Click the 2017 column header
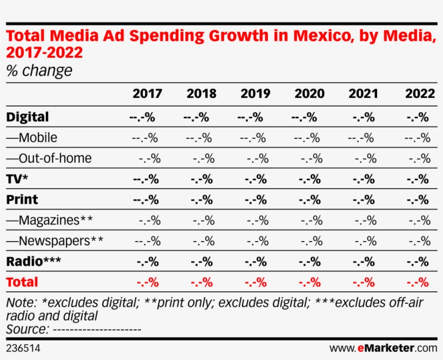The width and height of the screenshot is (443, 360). pyautogui.click(x=147, y=94)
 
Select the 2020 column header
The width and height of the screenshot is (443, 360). pyautogui.click(x=309, y=94)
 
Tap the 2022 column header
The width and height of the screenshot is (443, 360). pyautogui.click(x=420, y=94)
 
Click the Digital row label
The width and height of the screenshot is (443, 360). pyautogui.click(x=28, y=117)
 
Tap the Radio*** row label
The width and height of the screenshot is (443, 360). pyautogui.click(x=33, y=262)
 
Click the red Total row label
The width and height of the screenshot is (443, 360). pyautogui.click(x=22, y=282)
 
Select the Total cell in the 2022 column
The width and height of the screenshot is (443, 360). pyautogui.click(x=418, y=282)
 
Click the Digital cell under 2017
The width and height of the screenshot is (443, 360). pyautogui.click(x=143, y=117)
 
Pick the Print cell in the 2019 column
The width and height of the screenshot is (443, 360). pyautogui.click(x=255, y=199)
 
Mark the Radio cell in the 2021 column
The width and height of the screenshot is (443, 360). pyautogui.click(x=363, y=262)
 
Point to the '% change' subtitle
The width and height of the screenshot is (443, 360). pyautogui.click(x=39, y=71)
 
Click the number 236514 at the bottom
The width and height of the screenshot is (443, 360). pyautogui.click(x=23, y=348)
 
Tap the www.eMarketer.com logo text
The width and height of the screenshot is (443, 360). pyautogui.click(x=383, y=348)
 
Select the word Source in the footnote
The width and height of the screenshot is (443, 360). pyautogui.click(x=25, y=329)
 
